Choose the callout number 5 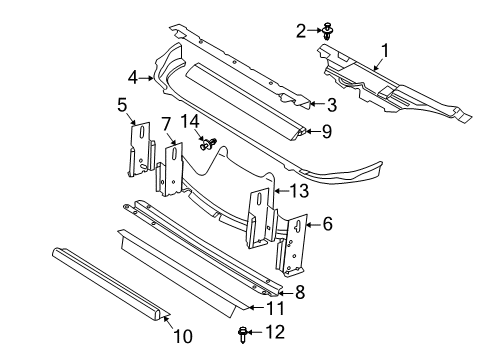point(122,103)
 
